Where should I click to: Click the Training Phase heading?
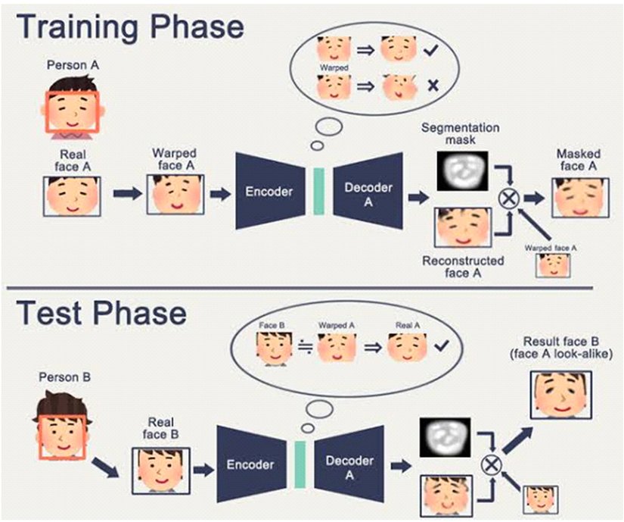coord(129,28)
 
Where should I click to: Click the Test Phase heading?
coord(101,313)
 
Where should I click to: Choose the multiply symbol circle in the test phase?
coord(494,463)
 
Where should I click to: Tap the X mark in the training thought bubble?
coord(433,86)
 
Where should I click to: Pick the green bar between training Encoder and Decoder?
coord(318,191)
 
